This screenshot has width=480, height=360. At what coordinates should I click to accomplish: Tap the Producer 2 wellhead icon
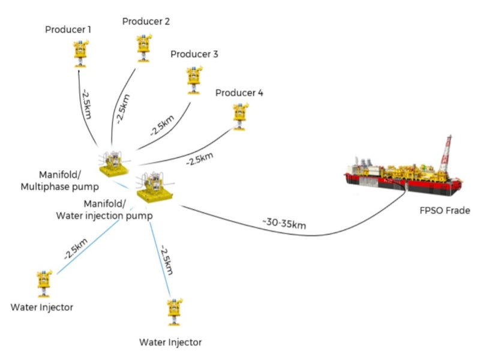(x=142, y=47)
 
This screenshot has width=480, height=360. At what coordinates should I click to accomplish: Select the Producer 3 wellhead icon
(x=193, y=80)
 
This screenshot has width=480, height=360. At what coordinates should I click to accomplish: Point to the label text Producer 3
(x=194, y=54)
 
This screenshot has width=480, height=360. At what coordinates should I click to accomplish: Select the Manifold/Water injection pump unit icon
(x=151, y=186)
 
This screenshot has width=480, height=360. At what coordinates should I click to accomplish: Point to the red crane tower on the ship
(x=445, y=154)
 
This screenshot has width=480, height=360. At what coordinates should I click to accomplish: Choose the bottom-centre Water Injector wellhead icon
(x=175, y=310)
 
